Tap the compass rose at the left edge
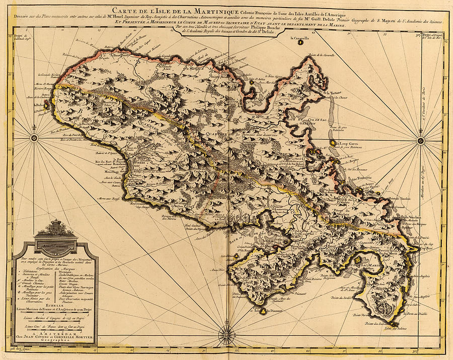[34, 138]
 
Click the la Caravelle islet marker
[300, 42]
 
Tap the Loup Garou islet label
[347, 143]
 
